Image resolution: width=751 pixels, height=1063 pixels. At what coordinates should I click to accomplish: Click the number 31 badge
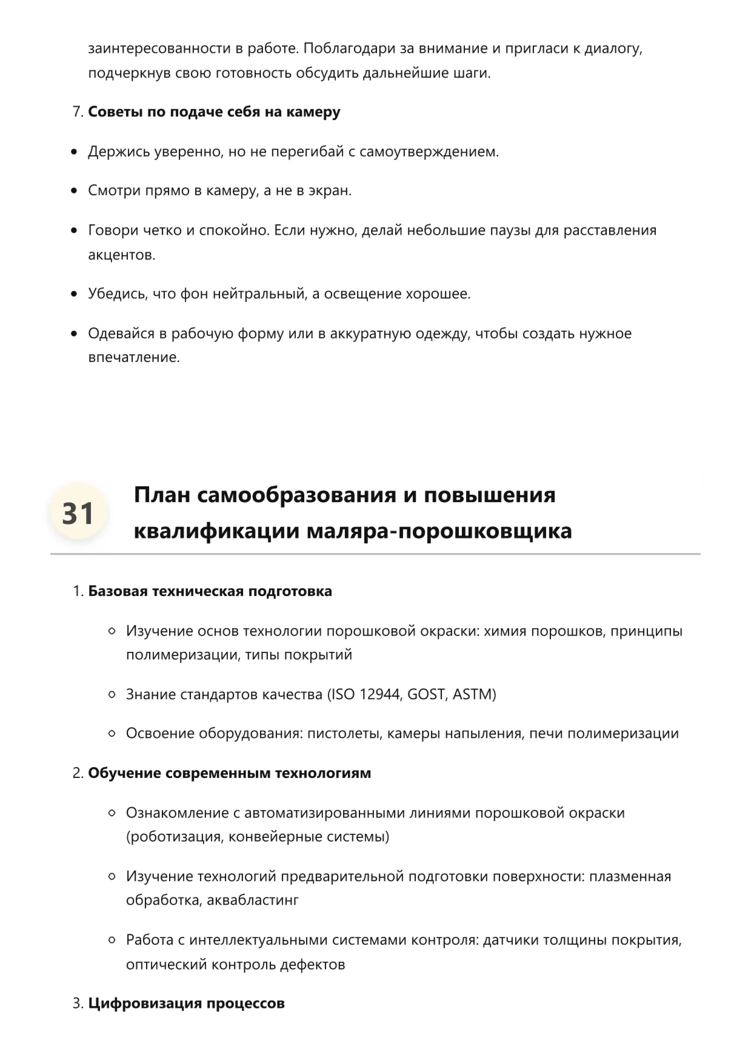pos(78,513)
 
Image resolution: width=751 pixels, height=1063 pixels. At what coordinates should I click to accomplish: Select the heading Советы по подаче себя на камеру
pos(214,112)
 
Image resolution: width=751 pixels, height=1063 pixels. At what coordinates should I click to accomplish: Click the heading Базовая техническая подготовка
pos(210,591)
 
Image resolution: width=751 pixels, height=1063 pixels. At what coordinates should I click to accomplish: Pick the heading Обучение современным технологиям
pos(229,773)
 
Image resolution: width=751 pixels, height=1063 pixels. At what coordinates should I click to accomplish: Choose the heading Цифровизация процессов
pos(186,1004)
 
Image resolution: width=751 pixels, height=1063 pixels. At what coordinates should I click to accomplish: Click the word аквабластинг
pos(253,900)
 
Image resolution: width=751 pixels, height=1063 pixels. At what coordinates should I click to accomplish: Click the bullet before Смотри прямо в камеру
pos(74,191)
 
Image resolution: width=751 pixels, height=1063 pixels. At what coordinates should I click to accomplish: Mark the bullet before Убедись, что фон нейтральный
pos(74,294)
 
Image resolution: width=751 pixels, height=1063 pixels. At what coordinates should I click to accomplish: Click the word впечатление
pos(133,357)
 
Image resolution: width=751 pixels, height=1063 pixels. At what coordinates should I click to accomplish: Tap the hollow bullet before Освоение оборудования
pos(112,734)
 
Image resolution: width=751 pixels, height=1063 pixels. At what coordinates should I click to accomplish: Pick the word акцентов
pos(121,255)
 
